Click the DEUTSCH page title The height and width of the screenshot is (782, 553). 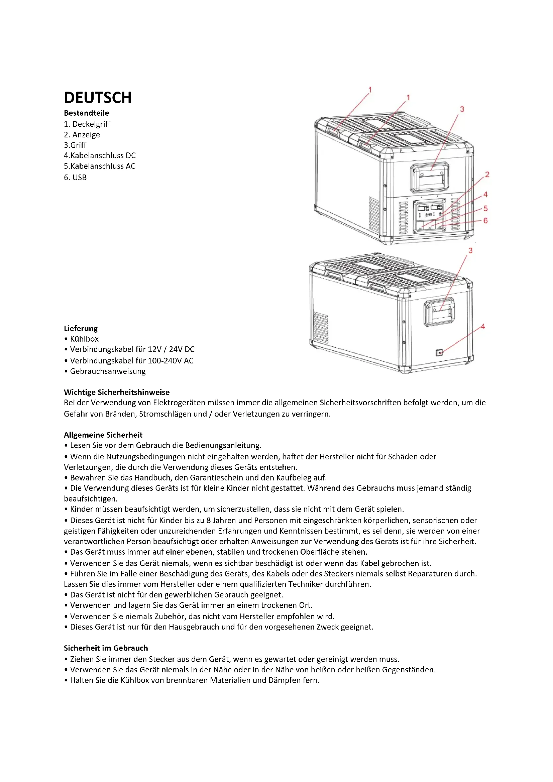98,97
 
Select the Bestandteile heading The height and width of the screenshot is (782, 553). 87,113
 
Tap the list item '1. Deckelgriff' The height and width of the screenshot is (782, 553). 87,124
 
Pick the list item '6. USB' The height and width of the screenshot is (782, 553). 75,178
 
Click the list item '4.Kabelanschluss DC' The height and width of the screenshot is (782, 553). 100,156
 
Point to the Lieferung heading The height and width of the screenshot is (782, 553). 81,329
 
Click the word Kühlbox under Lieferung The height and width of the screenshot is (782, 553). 84,339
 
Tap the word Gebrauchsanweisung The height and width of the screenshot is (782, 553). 108,371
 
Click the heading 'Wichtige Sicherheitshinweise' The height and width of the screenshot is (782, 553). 117,393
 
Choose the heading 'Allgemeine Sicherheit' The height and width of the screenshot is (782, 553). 103,435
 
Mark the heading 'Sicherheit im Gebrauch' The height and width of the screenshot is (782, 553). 106,648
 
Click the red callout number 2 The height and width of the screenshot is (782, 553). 487,175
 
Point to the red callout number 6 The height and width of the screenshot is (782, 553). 485,221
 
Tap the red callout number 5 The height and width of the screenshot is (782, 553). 485,208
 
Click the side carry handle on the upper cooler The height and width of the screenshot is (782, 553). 430,178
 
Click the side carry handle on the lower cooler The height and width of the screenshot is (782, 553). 439,311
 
